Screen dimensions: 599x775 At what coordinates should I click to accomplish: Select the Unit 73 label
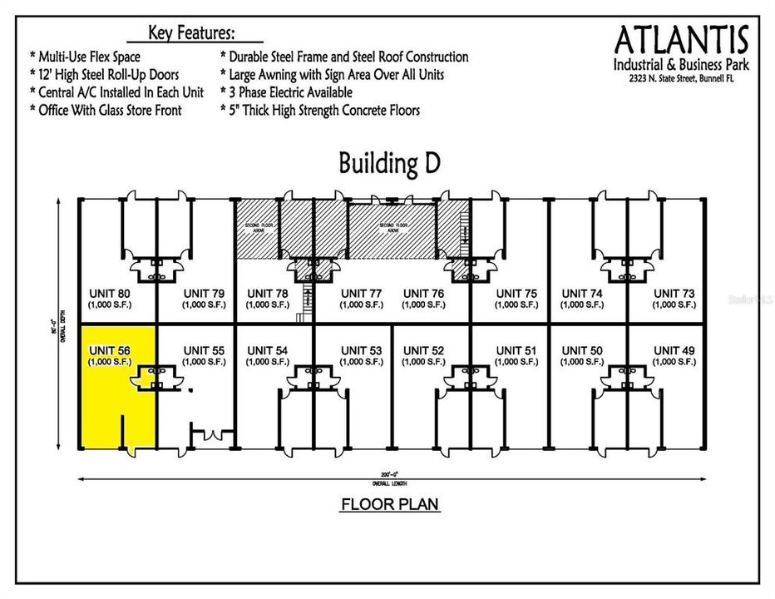674,293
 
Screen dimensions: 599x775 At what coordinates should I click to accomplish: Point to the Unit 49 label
674,350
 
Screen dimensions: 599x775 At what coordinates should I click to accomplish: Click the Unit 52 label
423,350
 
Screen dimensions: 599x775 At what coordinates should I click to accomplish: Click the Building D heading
390,163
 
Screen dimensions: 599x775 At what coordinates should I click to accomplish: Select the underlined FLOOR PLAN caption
390,504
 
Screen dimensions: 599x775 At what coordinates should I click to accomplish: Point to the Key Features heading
191,33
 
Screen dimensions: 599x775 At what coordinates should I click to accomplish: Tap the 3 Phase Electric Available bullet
286,92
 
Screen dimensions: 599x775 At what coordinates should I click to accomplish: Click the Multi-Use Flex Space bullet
85,57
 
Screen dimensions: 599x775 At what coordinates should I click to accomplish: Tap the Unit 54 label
267,350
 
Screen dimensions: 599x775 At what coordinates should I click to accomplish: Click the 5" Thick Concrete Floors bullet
319,110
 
